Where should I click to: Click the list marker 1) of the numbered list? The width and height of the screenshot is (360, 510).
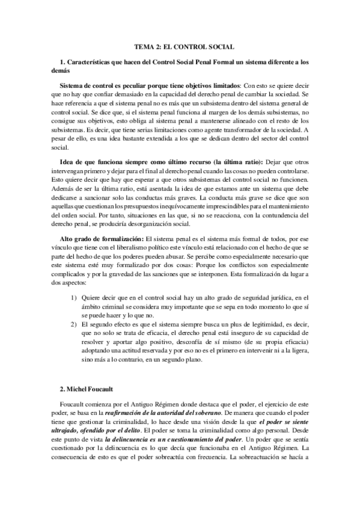click(75, 296)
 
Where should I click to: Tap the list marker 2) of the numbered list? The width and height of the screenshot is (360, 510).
click(75, 325)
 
